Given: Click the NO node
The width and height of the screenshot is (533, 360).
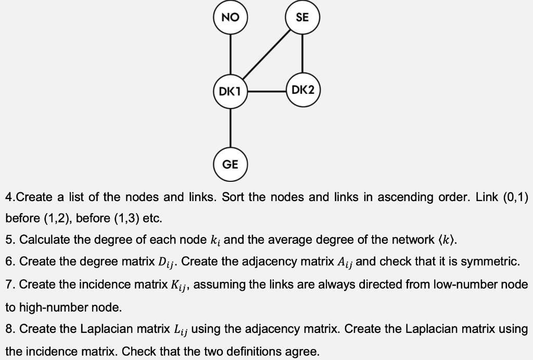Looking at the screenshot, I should pos(230,18).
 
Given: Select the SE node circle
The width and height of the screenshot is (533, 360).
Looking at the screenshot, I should pos(302,18).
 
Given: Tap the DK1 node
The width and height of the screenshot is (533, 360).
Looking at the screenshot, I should pos(230,92).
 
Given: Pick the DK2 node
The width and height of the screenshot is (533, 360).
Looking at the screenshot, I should pos(302,90).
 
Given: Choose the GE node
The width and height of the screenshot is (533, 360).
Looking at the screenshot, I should pos(230,165).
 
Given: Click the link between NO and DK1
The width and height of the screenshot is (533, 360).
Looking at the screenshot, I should pos(230,55).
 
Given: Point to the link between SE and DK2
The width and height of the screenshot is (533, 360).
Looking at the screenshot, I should pos(302,54).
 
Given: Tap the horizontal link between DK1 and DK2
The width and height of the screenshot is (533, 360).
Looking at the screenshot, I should pos(266,92).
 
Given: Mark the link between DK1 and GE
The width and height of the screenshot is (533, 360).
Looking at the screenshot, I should pos(230,128).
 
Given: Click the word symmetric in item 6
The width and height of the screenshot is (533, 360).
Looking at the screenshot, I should pos(490,262).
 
